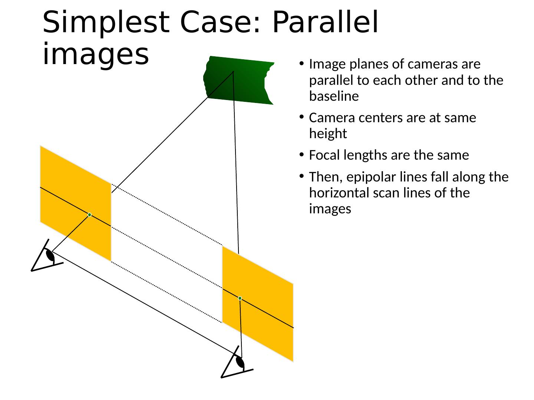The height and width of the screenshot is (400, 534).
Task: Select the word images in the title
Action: click(x=96, y=54)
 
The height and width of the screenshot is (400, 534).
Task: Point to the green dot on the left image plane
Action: click(x=89, y=215)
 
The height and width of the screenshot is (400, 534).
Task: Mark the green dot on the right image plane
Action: click(x=240, y=298)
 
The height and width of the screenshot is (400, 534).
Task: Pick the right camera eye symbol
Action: click(x=240, y=362)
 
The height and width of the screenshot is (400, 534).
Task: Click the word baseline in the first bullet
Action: click(x=334, y=97)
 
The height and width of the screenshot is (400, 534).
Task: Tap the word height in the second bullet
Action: click(x=328, y=134)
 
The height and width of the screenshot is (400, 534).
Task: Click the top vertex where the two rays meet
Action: click(x=233, y=71)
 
